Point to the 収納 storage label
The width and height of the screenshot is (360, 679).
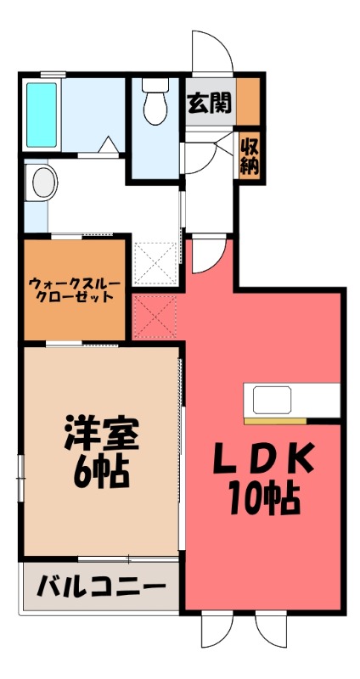(x=248, y=154)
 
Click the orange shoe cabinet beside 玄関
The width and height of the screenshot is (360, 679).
(x=248, y=100)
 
